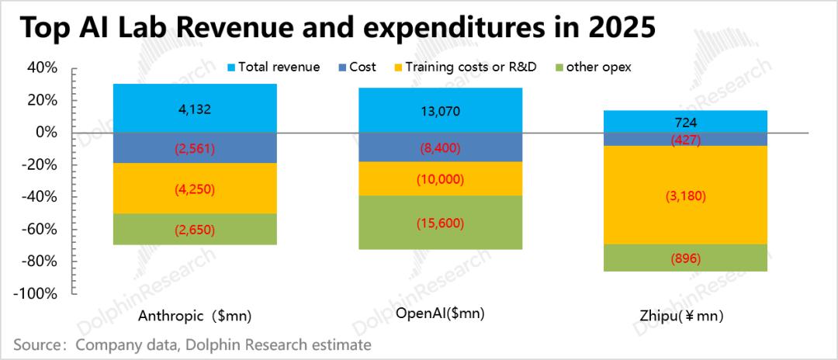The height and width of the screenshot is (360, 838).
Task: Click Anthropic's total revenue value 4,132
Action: pyautogui.click(x=195, y=109)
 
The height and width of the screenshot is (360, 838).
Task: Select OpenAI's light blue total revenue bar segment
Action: pyautogui.click(x=440, y=110)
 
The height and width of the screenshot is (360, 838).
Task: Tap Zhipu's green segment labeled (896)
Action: pyautogui.click(x=685, y=258)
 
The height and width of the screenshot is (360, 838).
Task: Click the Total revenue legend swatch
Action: pyautogui.click(x=230, y=67)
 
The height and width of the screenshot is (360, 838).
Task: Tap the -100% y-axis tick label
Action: pyautogui.click(x=36, y=294)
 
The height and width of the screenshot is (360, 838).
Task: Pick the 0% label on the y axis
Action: pyautogui.click(x=46, y=133)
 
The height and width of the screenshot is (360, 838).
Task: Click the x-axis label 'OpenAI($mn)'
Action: pyautogui.click(x=440, y=313)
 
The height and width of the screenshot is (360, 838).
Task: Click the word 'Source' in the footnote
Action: pyautogui.click(x=34, y=344)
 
